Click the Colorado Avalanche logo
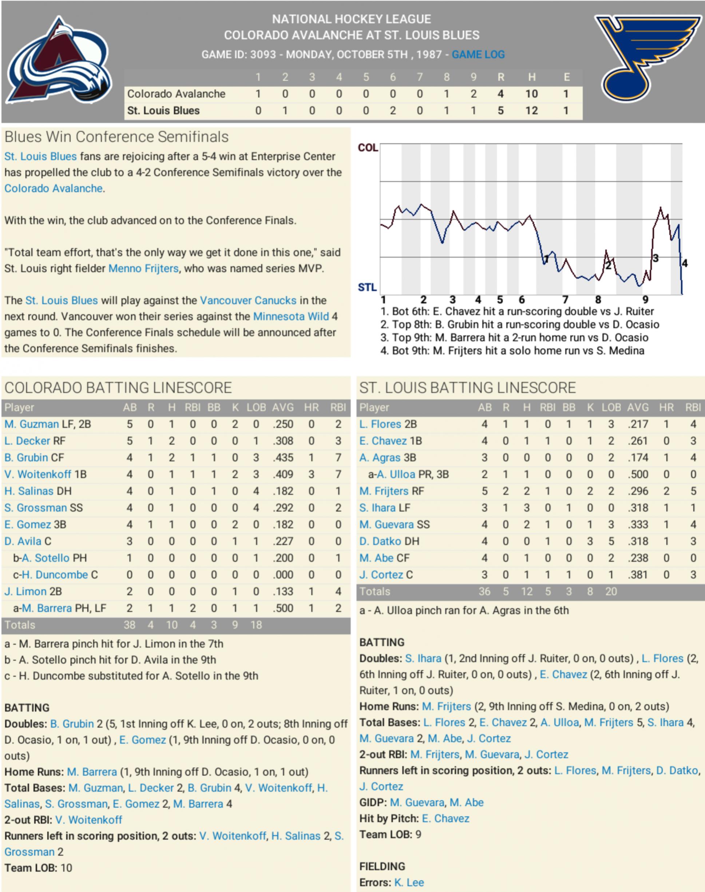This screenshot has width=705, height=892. [x=59, y=60]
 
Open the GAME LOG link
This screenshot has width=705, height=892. [x=478, y=55]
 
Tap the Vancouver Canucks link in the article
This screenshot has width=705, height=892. [x=248, y=300]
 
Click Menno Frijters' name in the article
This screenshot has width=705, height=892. [x=143, y=268]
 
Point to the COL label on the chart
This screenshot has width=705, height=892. [x=368, y=148]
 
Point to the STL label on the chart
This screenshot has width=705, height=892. [x=367, y=287]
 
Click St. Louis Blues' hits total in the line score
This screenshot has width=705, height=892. [x=531, y=111]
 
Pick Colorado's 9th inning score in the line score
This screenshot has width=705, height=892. [x=474, y=94]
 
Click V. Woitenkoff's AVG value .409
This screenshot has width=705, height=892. [x=283, y=474]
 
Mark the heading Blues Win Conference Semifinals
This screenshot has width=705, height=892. [x=116, y=136]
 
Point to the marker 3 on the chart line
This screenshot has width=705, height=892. [x=656, y=258]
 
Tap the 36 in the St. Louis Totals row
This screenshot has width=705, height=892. [x=484, y=591]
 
